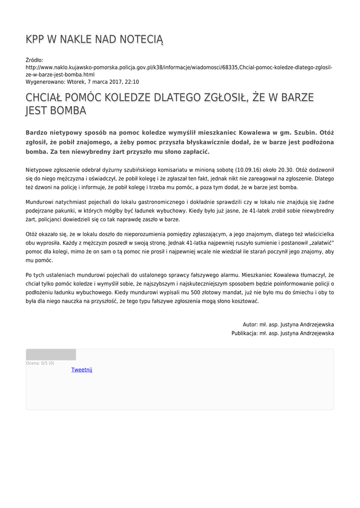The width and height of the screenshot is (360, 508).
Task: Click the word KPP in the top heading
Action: point(35,39)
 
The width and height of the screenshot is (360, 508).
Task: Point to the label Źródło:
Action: point(34,60)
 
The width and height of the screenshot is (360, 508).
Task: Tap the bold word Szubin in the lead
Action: point(295,133)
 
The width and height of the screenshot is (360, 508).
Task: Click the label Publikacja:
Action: point(244,333)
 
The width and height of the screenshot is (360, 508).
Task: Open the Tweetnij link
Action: point(82,370)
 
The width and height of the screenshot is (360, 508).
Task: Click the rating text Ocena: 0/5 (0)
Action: point(40,363)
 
